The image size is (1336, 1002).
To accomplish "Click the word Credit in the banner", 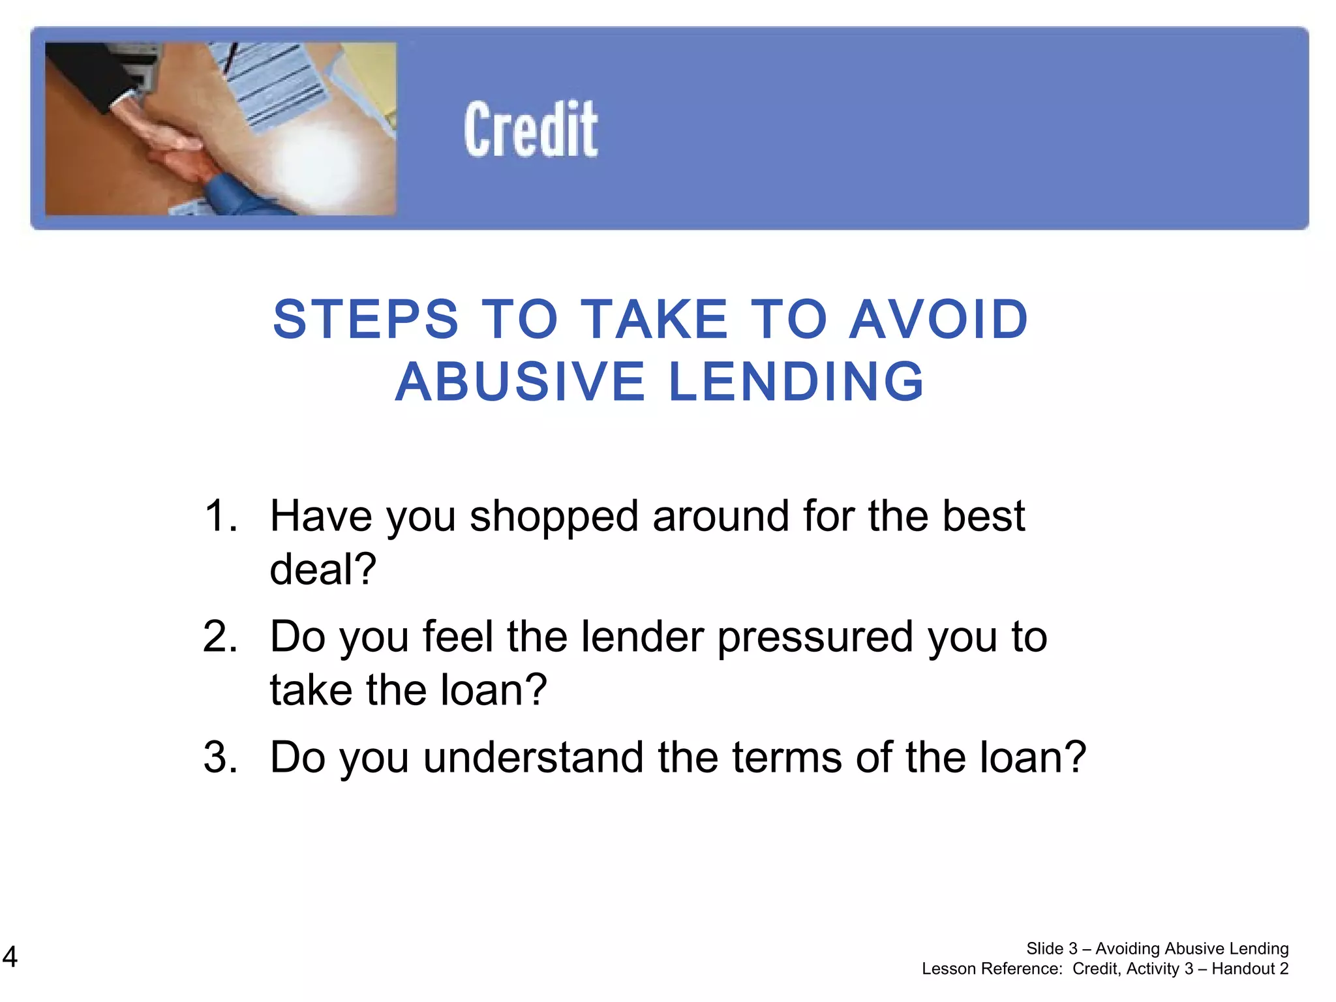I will point(530,129).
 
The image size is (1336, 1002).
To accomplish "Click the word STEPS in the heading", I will point(366,320).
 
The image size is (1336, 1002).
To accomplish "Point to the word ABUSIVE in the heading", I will point(520,382).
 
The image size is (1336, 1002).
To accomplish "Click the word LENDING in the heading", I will point(797,382).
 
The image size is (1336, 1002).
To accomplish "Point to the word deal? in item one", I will point(323,569).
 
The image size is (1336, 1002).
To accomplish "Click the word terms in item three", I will point(787,757).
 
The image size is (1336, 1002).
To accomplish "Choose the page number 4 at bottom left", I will point(10,957).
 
